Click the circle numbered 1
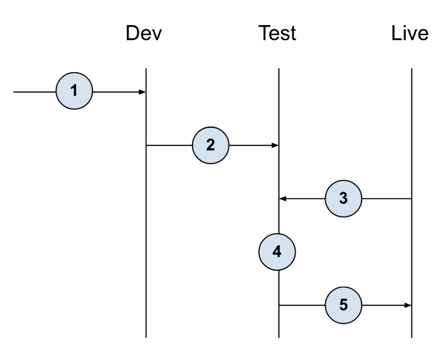(74, 92)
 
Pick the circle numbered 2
(210, 145)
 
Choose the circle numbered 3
(343, 199)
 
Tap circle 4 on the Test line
(278, 251)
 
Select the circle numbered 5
(343, 305)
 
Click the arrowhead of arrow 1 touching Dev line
(143, 92)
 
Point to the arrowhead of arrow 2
(275, 146)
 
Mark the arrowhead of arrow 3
(282, 199)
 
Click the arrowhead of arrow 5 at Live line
(408, 305)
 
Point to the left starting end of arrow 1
(14, 92)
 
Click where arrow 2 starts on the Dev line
(147, 146)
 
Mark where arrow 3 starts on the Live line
(411, 199)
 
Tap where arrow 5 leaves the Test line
(279, 305)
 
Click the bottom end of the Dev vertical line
(146, 337)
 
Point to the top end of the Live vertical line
(411, 68)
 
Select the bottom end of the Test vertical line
(279, 337)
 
